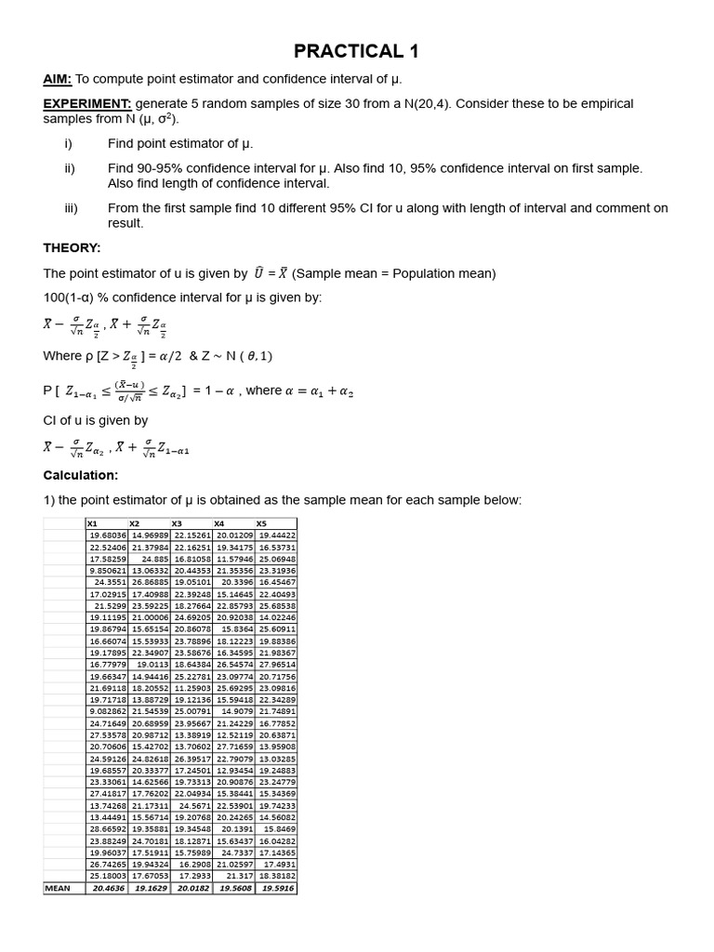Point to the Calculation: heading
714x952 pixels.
[x=81, y=475]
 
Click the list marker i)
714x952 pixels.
[x=69, y=144]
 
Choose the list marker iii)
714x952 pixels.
[x=72, y=208]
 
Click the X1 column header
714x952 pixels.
[x=93, y=523]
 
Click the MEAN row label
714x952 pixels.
[x=58, y=888]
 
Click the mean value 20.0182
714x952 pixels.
[x=194, y=888]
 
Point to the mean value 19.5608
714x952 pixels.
[x=235, y=888]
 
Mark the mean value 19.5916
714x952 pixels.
[x=277, y=888]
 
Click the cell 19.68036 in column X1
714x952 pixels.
[x=108, y=535]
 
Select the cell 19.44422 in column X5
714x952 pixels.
[x=277, y=535]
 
